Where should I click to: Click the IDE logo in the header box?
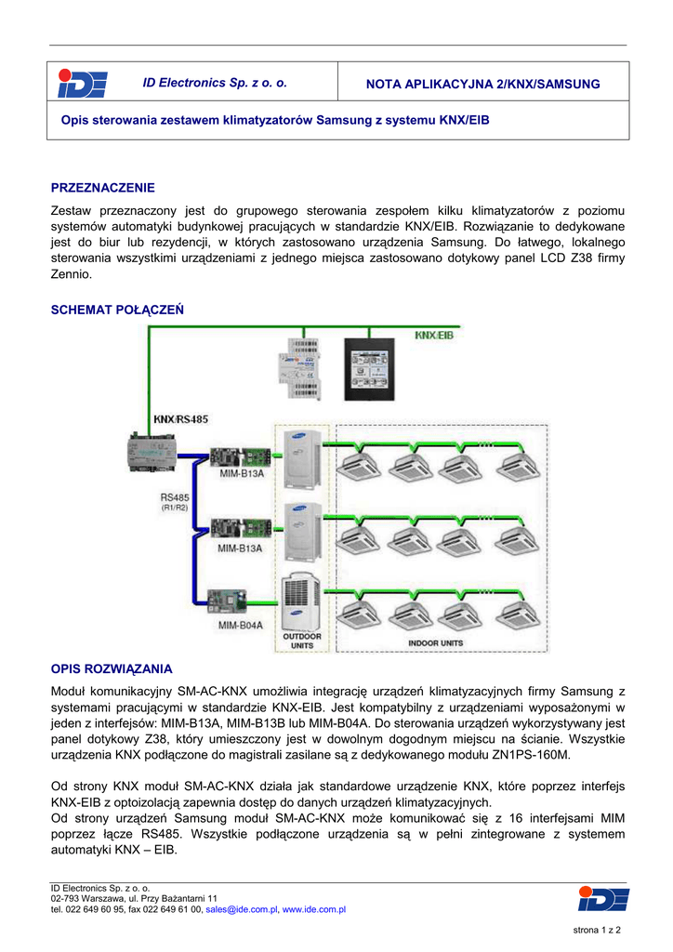[82, 84]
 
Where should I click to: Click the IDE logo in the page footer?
[602, 899]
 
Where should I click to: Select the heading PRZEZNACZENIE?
[102, 188]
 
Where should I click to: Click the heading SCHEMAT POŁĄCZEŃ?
[117, 309]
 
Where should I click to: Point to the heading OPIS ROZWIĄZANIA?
[112, 668]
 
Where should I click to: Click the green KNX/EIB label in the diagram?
[433, 334]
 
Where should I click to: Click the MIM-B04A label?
[241, 625]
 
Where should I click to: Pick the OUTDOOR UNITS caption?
[303, 641]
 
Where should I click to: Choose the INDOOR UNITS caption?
[437, 642]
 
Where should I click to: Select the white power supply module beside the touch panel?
[299, 371]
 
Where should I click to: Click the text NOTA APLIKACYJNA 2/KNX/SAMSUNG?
[483, 85]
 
